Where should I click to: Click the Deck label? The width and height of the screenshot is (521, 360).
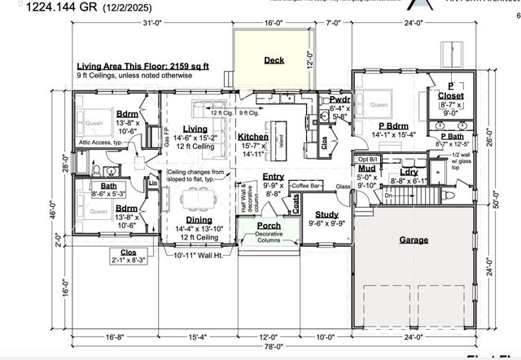tap(274, 59)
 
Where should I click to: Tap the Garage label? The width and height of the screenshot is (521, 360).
tap(414, 240)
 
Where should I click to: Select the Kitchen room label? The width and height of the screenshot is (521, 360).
tap(253, 137)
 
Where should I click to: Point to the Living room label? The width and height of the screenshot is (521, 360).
tap(195, 129)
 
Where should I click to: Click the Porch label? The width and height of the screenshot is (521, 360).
tap(269, 225)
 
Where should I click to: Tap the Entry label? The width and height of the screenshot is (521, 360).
tap(274, 176)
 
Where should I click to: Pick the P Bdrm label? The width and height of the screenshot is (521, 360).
tap(392, 125)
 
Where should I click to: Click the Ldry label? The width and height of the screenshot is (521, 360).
tap(409, 171)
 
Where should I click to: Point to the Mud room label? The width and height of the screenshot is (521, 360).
tap(366, 168)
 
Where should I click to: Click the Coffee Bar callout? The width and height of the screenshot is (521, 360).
tap(307, 186)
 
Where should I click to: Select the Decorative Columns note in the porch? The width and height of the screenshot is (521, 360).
tap(269, 238)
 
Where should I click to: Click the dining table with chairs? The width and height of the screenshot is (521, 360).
tap(196, 198)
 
